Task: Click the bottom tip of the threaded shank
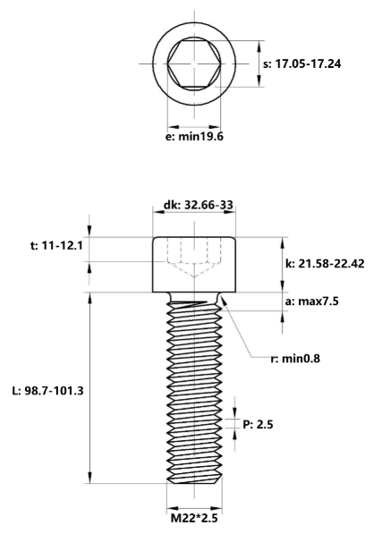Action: tap(194, 483)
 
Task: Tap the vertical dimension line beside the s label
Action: tap(259, 64)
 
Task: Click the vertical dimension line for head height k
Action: tap(284, 265)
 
